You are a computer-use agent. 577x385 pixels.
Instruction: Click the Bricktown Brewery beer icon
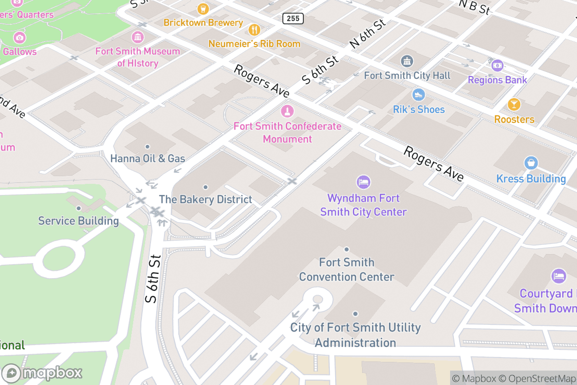(x=203, y=9)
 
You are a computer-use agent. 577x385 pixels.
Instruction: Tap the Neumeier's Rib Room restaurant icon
(x=254, y=30)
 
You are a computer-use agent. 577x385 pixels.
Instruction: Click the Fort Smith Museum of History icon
(x=138, y=37)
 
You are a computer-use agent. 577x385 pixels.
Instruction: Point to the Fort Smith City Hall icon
(x=407, y=61)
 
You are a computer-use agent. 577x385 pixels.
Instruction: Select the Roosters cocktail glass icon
(x=514, y=104)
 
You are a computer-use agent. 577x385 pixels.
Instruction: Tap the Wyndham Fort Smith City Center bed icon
(x=364, y=182)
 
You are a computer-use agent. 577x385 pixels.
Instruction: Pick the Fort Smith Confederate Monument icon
(x=287, y=112)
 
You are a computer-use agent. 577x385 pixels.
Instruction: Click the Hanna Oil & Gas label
(x=148, y=158)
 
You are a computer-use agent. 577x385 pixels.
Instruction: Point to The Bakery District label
(x=205, y=199)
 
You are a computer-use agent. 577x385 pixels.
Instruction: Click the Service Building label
(x=78, y=221)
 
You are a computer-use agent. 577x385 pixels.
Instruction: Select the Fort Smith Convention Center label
(x=347, y=269)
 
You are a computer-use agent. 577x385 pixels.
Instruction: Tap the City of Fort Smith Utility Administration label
(x=355, y=335)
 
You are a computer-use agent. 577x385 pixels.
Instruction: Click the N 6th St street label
(x=368, y=34)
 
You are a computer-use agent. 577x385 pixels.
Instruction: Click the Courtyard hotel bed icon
(x=559, y=276)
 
